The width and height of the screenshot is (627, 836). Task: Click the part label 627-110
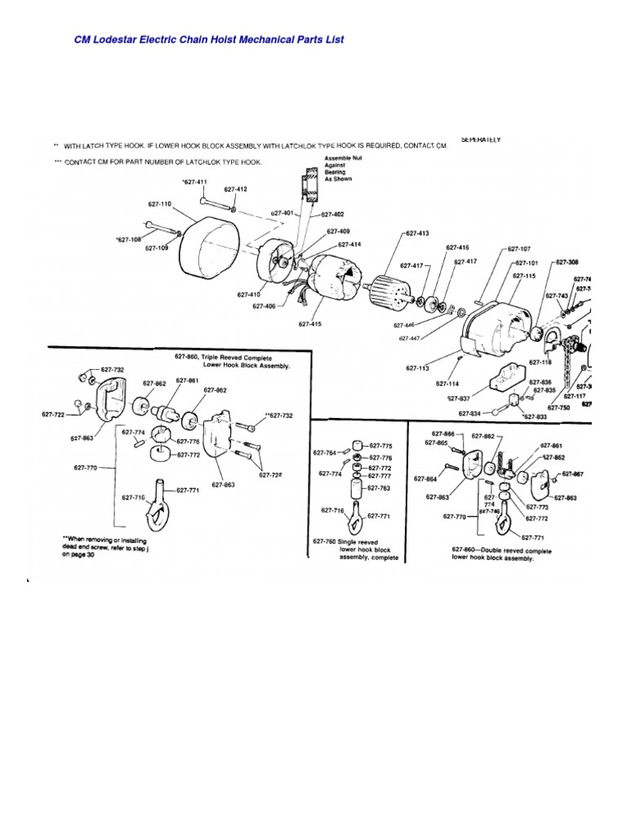(160, 204)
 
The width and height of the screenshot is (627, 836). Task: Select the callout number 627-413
(416, 233)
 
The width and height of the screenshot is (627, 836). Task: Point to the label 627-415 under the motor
(310, 323)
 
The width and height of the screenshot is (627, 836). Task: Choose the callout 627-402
(334, 215)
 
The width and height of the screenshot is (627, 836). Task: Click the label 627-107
(518, 248)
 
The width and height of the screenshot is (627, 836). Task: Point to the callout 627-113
(418, 368)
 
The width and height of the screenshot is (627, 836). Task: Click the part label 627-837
(458, 398)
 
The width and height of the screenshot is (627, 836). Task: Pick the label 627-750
(559, 407)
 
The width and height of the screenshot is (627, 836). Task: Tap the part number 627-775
(380, 446)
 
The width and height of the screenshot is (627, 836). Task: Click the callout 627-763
(380, 487)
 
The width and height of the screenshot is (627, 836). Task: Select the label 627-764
(325, 451)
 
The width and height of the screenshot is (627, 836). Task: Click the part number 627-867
(572, 474)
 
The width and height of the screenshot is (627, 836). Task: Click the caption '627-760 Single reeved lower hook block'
(355, 549)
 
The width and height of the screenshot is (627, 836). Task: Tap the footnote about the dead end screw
(106, 546)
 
